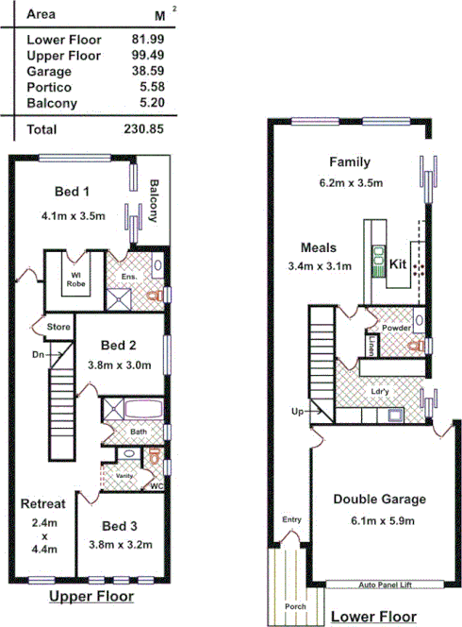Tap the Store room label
58,328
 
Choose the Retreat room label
42,504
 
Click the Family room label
349,161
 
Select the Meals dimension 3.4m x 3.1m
320,265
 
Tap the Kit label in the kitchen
398,266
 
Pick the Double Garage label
380,500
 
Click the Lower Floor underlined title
373,617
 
